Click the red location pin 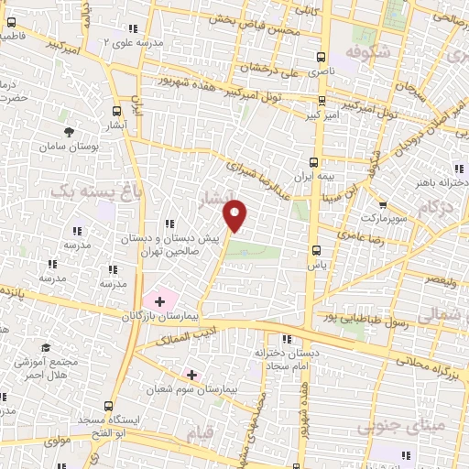coord(236,214)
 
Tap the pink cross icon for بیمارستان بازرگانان coord(159,300)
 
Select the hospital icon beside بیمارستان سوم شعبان coord(191,374)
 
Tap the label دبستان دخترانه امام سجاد coord(290,358)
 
